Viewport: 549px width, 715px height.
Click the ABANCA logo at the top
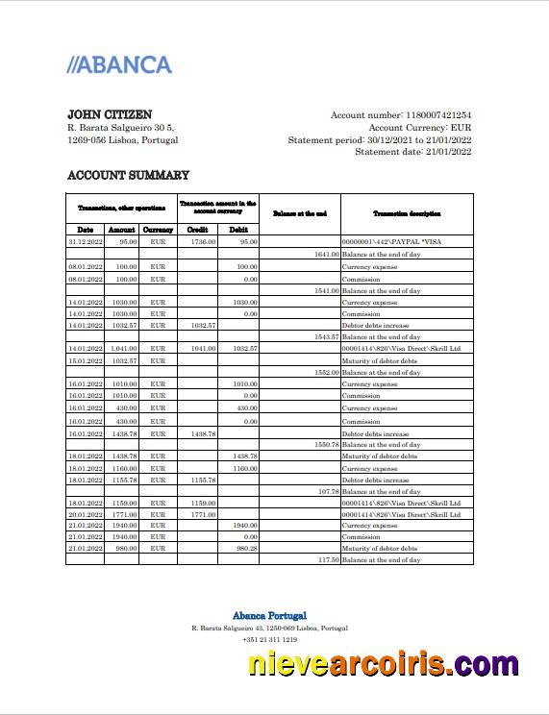[119, 65]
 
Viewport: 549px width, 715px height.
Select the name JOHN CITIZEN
[110, 114]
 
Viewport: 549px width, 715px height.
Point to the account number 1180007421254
[429, 115]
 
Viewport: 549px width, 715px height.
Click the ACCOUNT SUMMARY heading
[128, 175]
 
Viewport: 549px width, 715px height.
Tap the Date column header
[85, 230]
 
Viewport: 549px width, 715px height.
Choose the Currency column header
[158, 230]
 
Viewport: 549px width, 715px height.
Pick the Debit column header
[237, 230]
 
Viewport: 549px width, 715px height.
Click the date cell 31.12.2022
[85, 242]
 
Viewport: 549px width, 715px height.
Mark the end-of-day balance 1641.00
[327, 255]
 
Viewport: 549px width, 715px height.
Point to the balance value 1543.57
[327, 337]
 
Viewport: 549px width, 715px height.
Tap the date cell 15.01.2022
[85, 360]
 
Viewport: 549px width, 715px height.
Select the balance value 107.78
[327, 491]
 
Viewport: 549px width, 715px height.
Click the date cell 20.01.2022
[85, 514]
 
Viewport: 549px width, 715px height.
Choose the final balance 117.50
[327, 559]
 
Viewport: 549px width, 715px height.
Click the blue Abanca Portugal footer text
[269, 615]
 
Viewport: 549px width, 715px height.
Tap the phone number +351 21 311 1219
[269, 639]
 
